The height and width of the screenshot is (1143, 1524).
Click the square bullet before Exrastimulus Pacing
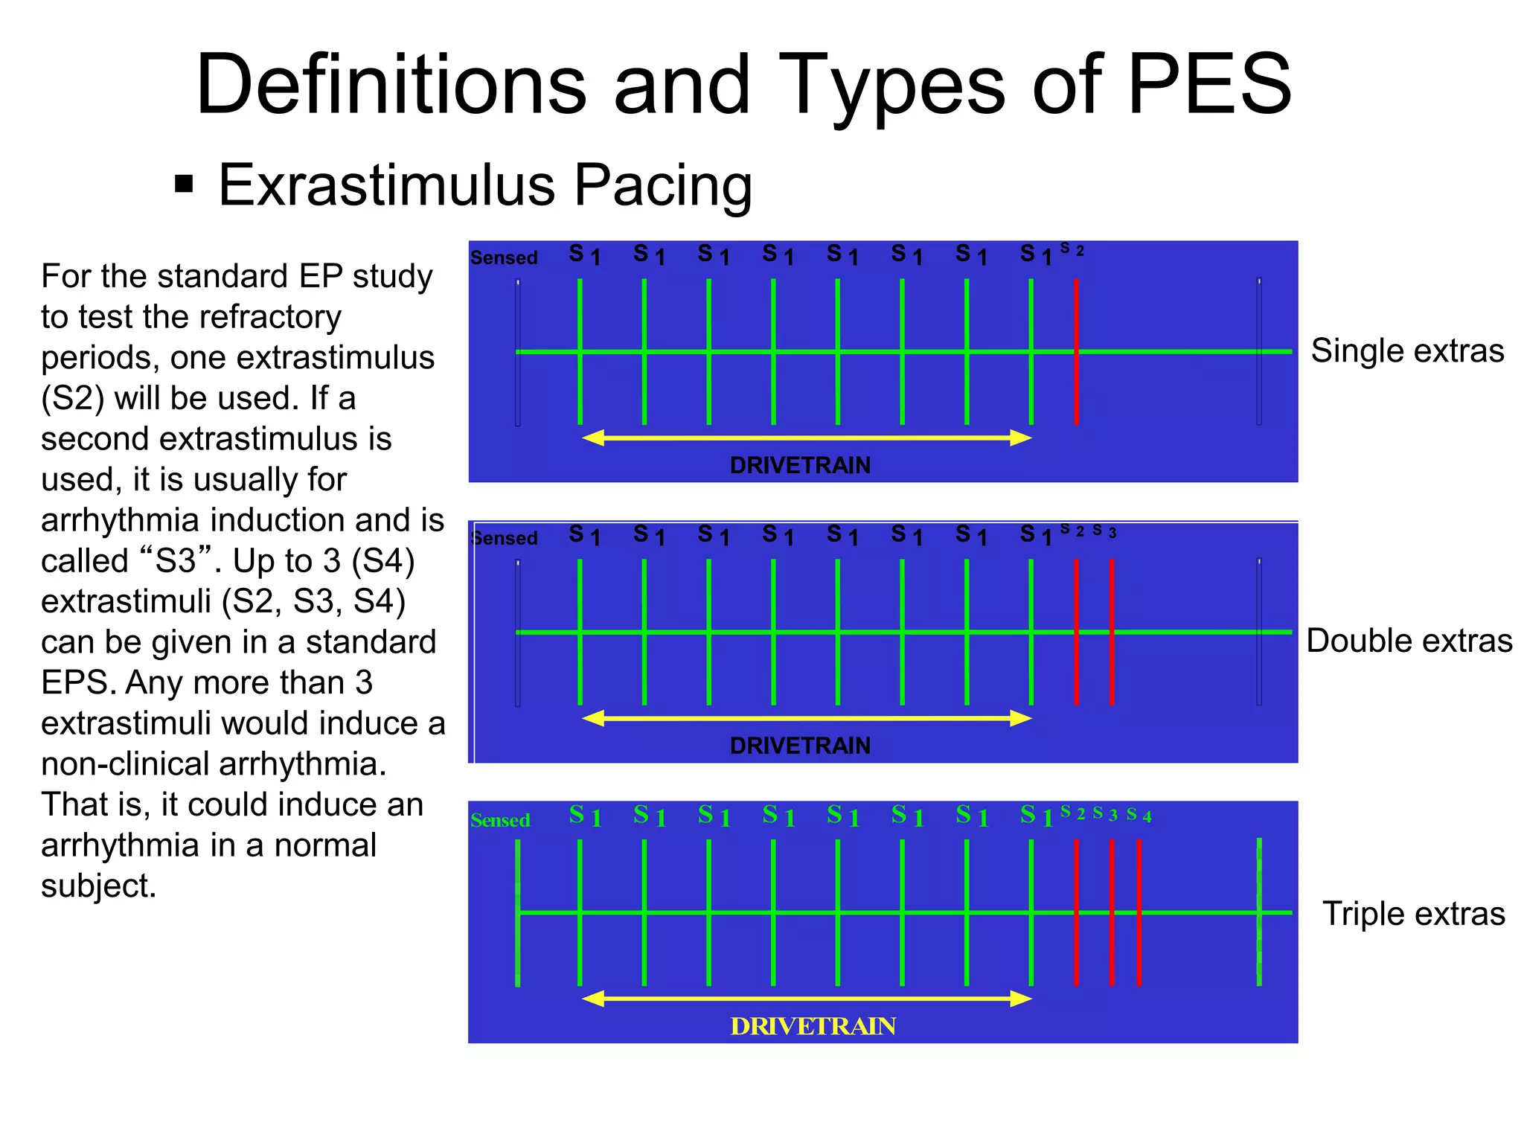184,184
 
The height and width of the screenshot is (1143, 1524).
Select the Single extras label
1407,350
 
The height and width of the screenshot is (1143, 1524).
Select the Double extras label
1409,641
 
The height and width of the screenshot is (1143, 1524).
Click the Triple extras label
1413,914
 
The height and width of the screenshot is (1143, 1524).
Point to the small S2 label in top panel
1072,249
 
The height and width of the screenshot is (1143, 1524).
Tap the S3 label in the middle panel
1104,531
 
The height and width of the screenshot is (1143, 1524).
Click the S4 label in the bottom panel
1139,815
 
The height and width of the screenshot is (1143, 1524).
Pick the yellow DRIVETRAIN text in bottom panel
813,1027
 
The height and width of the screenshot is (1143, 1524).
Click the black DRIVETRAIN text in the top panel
800,465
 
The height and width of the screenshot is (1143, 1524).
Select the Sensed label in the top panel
504,258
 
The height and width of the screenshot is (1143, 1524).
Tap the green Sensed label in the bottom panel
500,821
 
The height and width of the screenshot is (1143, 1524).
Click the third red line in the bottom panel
1139,912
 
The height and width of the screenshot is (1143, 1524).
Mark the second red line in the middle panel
1112,633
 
